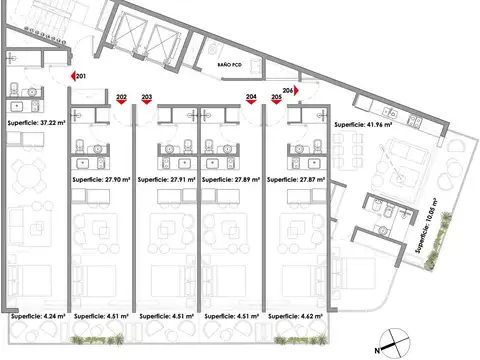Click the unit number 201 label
(x=81, y=76)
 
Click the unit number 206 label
(x=289, y=89)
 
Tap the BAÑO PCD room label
(x=229, y=62)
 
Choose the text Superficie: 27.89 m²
(x=230, y=180)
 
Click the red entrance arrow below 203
(x=147, y=104)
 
